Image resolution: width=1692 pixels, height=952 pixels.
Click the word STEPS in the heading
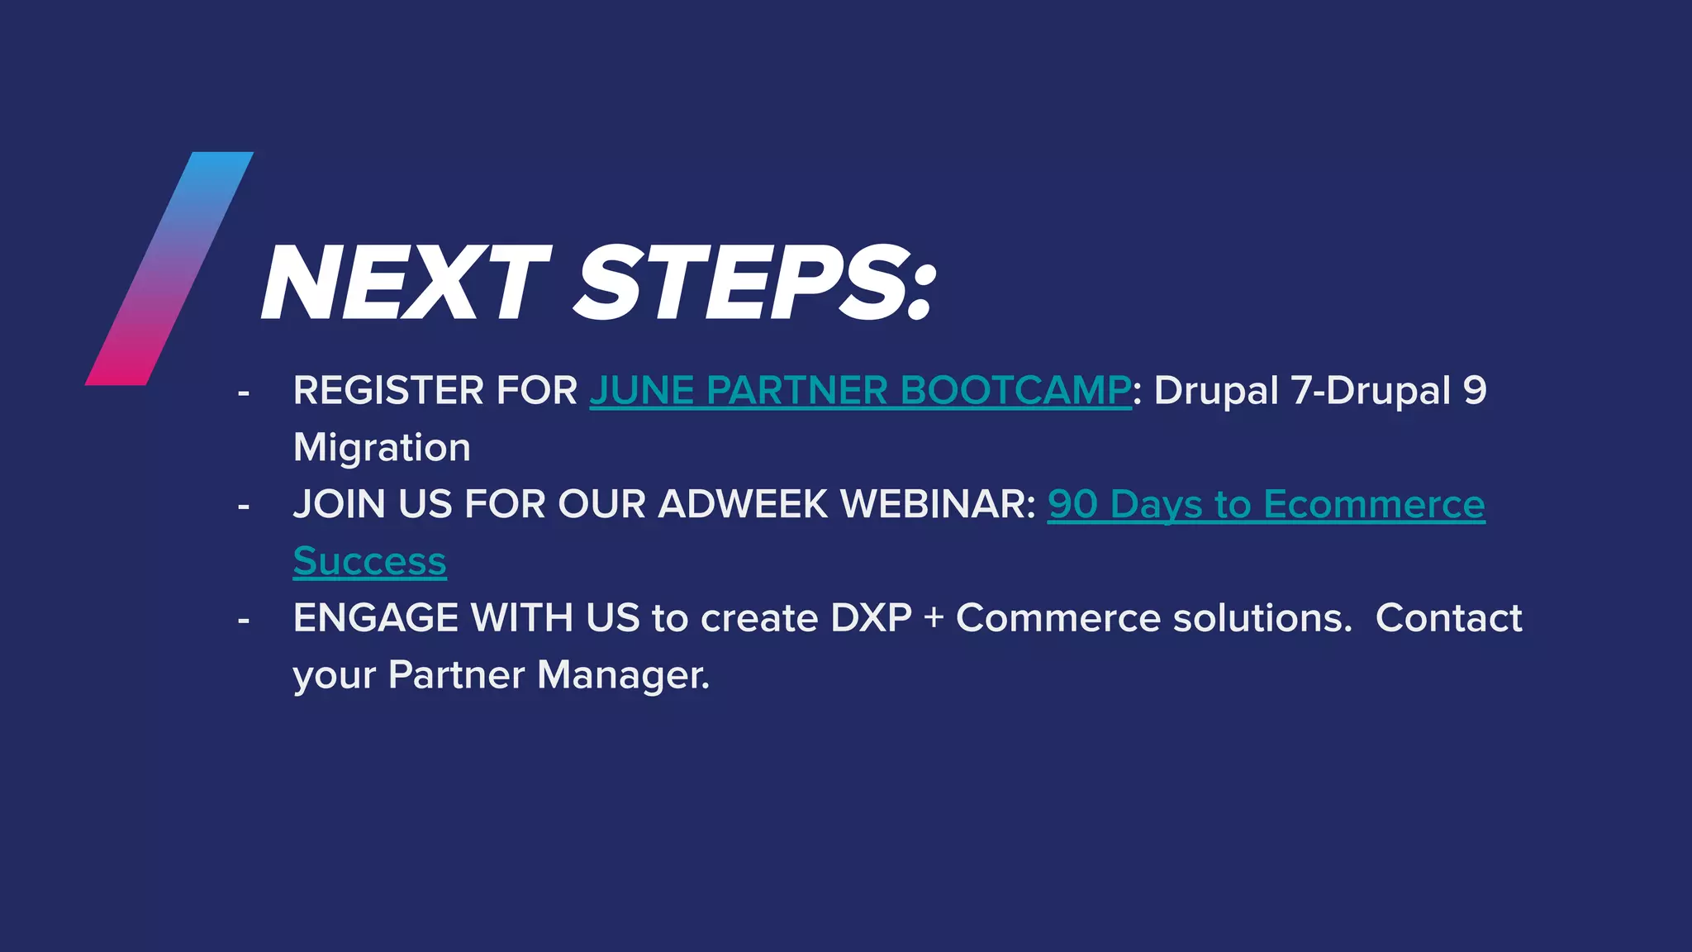click(x=744, y=283)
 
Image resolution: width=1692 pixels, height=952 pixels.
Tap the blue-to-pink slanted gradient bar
click(x=169, y=269)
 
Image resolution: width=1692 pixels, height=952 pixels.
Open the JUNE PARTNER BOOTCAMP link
click(x=859, y=391)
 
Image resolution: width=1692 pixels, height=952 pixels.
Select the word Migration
click(x=382, y=448)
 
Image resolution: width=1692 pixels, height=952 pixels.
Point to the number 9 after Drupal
click(x=1475, y=391)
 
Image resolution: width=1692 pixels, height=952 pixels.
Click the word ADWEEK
click(x=743, y=504)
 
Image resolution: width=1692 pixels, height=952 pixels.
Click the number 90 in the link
click(x=1072, y=504)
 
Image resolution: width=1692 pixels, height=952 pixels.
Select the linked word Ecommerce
click(x=1373, y=504)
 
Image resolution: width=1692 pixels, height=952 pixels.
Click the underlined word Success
click(x=369, y=562)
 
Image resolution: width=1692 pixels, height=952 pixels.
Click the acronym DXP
click(x=871, y=618)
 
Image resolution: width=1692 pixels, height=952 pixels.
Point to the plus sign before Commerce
click(x=934, y=618)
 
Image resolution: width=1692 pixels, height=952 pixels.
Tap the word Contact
click(x=1448, y=618)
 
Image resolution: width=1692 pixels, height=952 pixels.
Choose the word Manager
click(x=623, y=675)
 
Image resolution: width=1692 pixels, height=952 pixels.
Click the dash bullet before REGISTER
click(x=243, y=393)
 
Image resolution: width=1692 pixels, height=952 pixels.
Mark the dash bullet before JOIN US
click(x=243, y=506)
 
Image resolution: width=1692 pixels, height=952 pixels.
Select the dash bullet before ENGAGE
click(x=243, y=620)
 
